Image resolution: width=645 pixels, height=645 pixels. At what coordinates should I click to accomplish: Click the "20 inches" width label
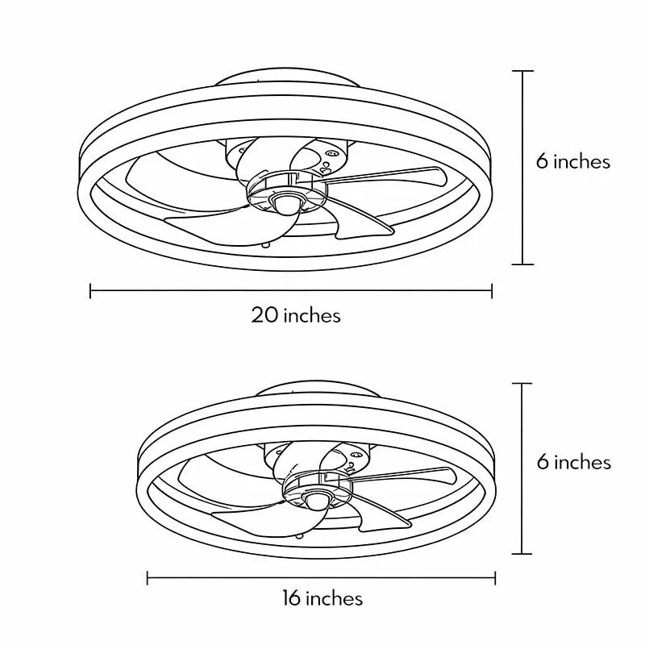(296, 315)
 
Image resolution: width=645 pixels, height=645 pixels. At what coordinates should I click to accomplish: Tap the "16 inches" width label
(322, 598)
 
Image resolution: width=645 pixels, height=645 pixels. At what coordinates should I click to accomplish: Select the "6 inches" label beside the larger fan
(573, 161)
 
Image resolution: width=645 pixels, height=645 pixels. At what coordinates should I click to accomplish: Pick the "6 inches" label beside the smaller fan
(574, 462)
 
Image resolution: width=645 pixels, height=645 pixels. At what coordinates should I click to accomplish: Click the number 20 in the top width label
(265, 315)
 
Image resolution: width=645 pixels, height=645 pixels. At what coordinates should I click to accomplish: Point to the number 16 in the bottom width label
(291, 598)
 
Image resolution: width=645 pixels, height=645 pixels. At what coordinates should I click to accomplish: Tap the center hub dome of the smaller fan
(316, 501)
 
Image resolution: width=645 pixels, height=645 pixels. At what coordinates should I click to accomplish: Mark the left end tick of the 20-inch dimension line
(90, 290)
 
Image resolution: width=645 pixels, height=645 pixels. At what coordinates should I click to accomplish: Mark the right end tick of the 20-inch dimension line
(492, 290)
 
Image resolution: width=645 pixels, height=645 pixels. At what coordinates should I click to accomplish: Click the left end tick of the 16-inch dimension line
(148, 577)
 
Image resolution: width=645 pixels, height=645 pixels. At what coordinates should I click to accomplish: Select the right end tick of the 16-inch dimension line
(495, 577)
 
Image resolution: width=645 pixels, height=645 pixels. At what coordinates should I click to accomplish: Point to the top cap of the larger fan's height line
(523, 72)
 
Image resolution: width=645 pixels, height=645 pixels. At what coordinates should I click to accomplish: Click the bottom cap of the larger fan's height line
(523, 264)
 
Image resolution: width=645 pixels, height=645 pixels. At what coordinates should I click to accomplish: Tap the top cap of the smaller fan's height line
(523, 383)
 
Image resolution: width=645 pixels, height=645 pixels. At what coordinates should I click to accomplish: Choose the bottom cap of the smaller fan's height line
(523, 553)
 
